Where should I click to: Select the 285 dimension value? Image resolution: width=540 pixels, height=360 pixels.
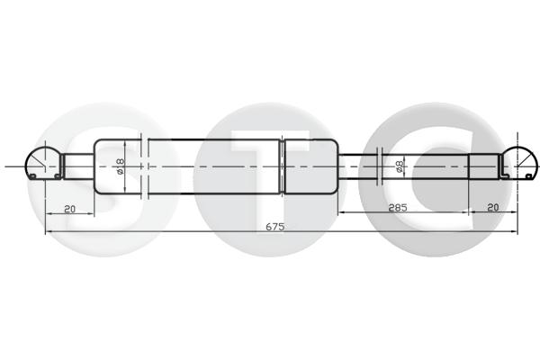(399, 207)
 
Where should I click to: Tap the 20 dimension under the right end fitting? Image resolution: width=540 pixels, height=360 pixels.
(493, 207)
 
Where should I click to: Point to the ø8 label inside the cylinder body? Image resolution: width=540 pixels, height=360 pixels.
(120, 166)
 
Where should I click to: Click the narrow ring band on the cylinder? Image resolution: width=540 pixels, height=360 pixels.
(282, 166)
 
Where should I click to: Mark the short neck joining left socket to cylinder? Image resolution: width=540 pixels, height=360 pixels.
(78, 166)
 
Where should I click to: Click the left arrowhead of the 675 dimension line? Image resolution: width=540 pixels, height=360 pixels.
(48, 232)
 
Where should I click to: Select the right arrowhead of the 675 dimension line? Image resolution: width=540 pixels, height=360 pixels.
(515, 232)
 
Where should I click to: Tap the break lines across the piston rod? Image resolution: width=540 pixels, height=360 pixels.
(384, 166)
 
